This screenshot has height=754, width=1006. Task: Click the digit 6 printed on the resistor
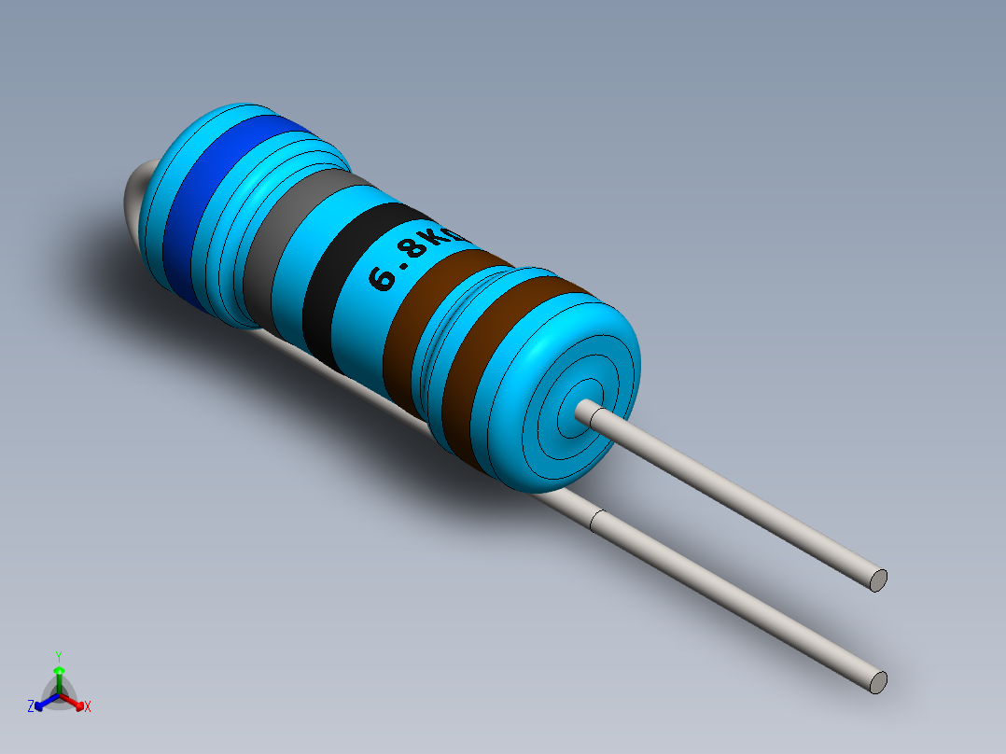pos(384,279)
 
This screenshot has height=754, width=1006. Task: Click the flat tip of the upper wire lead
pos(878,579)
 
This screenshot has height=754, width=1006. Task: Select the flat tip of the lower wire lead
pos(878,682)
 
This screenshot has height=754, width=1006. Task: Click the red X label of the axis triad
pos(88,707)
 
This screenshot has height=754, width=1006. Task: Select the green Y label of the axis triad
pos(58,656)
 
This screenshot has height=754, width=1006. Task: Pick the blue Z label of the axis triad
pos(31,706)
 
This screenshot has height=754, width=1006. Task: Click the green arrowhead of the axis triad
pos(58,670)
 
